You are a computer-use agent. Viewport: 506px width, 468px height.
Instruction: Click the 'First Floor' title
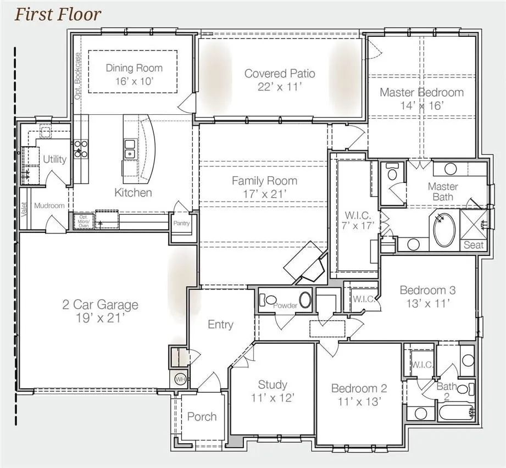58,14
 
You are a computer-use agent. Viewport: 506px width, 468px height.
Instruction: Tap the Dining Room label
134,68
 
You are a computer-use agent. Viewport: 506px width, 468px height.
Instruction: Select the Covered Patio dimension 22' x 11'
280,86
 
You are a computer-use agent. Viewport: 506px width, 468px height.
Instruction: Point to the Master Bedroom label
421,92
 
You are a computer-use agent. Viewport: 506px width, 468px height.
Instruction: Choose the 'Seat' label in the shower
474,245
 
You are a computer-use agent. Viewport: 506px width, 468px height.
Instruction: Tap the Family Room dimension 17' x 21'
264,194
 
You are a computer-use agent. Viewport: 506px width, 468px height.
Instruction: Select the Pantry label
181,224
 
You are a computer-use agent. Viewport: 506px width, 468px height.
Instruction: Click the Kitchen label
133,192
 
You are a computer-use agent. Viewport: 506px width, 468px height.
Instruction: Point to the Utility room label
54,159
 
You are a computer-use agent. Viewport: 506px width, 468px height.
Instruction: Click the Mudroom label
49,205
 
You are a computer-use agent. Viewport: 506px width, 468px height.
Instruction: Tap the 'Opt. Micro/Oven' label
84,221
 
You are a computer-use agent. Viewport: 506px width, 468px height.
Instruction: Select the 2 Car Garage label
99,305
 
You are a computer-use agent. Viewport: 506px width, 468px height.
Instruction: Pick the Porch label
202,416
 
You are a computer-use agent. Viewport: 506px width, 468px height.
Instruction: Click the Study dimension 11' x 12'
273,398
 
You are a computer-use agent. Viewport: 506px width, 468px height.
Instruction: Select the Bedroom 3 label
427,290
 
